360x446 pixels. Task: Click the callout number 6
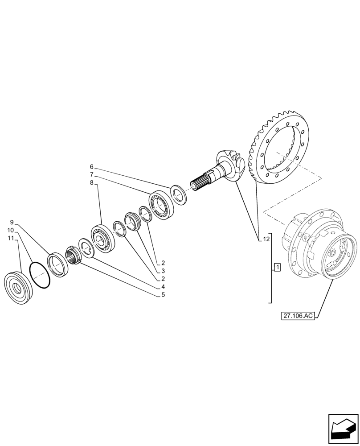(x=91, y=168)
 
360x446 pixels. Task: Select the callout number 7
(x=91, y=175)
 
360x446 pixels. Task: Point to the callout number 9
(x=12, y=222)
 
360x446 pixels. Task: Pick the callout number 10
(x=10, y=230)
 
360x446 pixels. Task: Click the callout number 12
(x=266, y=240)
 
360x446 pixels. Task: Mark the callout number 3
(x=164, y=270)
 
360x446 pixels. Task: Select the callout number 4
(x=164, y=286)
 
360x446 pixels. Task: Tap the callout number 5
(x=164, y=294)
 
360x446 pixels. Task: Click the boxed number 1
(x=277, y=268)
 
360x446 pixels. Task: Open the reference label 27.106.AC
(x=298, y=316)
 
